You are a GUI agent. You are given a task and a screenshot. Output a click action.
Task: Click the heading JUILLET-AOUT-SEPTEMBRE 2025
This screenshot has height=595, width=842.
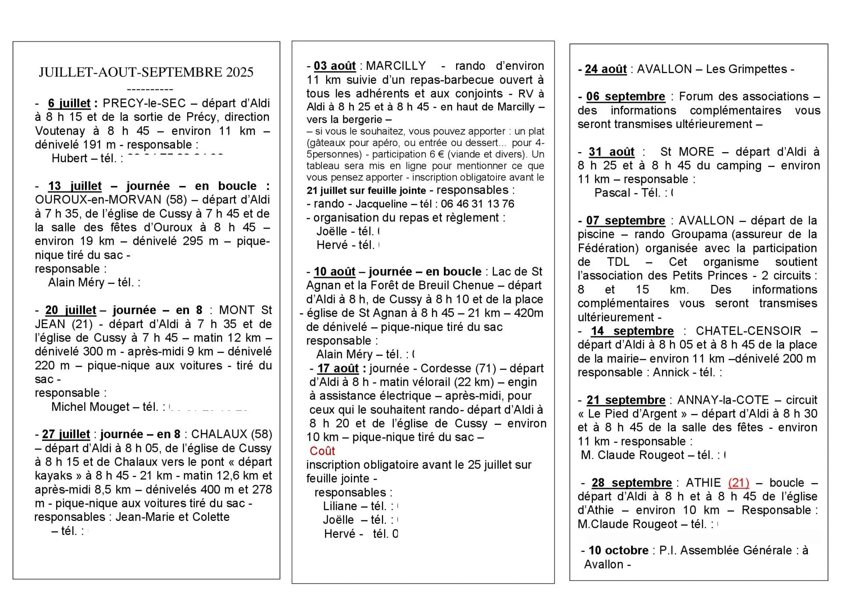(x=146, y=72)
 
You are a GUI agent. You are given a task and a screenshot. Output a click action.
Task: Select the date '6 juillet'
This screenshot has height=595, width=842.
(x=69, y=103)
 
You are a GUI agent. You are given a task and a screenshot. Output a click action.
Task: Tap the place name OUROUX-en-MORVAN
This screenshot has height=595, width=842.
(x=98, y=200)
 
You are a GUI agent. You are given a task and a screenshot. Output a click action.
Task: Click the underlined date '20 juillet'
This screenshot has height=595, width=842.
(x=71, y=310)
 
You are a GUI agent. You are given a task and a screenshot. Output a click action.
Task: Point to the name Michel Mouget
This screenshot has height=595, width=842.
(x=90, y=407)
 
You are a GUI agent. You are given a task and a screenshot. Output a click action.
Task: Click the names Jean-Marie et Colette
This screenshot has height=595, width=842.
(x=172, y=517)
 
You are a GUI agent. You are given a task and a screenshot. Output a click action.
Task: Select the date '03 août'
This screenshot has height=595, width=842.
(x=335, y=66)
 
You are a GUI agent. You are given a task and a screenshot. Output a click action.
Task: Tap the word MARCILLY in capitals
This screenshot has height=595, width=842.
(x=396, y=66)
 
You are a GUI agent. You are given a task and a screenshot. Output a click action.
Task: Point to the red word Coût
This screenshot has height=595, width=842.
(x=322, y=451)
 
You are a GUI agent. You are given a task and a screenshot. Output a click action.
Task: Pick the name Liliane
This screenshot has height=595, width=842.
(x=340, y=506)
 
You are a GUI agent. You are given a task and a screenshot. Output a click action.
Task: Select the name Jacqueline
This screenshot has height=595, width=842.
(x=382, y=204)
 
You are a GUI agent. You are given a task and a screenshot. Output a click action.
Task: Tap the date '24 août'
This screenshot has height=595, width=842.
(x=606, y=69)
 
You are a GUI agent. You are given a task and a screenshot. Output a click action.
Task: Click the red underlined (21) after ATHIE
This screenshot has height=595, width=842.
(x=739, y=483)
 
